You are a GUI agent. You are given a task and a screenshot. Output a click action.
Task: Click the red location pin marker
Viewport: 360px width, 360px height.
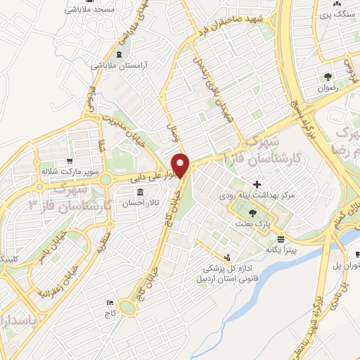[x=182, y=165]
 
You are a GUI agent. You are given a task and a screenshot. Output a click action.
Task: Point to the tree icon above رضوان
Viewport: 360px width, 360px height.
[x=328, y=77]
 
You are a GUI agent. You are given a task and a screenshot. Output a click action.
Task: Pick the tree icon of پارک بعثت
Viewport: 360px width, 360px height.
[x=252, y=213]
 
